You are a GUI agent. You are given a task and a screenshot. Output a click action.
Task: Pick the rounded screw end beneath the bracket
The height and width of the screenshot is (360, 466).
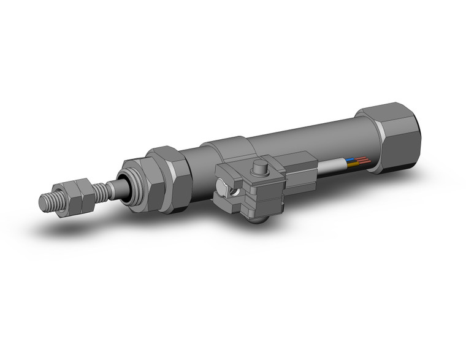tap(262, 220)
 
